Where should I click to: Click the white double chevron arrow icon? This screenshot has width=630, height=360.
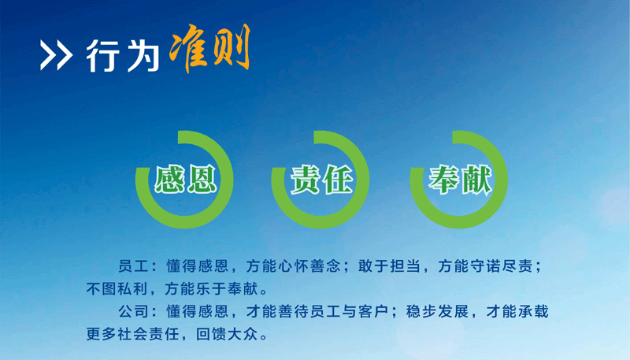(x=56, y=55)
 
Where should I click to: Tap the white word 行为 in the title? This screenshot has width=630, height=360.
(x=123, y=55)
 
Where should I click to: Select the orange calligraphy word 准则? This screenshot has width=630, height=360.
(x=209, y=48)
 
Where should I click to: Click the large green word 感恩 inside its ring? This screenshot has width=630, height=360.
(x=186, y=179)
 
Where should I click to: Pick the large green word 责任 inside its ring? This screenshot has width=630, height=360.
(x=321, y=179)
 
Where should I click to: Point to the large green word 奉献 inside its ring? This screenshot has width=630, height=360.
(x=460, y=179)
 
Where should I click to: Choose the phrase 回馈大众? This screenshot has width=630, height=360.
(x=227, y=334)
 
